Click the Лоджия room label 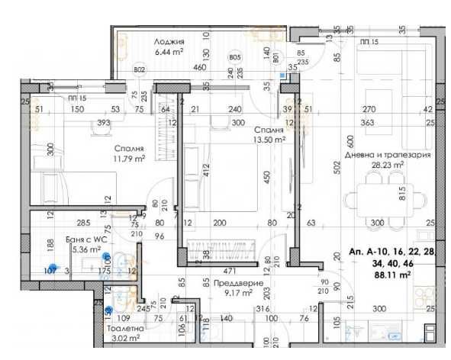coord(168,41)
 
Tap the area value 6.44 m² coord(168,52)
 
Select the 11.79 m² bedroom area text coord(130,159)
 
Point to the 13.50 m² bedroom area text coord(269,140)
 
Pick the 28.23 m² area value coord(387,163)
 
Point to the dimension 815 coord(401,196)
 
